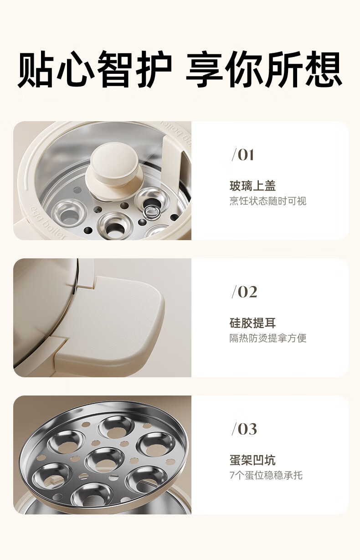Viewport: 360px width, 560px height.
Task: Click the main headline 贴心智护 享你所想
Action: pyautogui.click(x=180, y=69)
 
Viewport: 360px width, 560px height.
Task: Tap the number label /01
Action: pyautogui.click(x=243, y=155)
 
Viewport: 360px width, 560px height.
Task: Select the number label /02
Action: pyautogui.click(x=244, y=292)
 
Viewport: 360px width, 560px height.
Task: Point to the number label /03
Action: pyautogui.click(x=244, y=429)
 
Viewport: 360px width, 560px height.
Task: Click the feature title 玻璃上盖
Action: pyautogui.click(x=252, y=186)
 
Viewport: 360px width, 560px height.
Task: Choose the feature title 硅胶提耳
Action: pyautogui.click(x=252, y=323)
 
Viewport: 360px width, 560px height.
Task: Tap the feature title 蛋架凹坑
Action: pyautogui.click(x=252, y=460)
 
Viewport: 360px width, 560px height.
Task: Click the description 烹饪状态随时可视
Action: pyautogui.click(x=268, y=201)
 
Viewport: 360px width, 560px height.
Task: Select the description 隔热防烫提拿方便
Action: pyautogui.click(x=268, y=338)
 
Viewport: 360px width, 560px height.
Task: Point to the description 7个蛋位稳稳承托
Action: pyautogui.click(x=266, y=475)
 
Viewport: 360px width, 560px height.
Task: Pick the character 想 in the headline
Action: pyautogui.click(x=324, y=69)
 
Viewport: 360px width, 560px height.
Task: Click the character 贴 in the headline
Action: pyautogui.click(x=36, y=69)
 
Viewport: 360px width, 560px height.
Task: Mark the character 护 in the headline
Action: pyautogui.click(x=154, y=69)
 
